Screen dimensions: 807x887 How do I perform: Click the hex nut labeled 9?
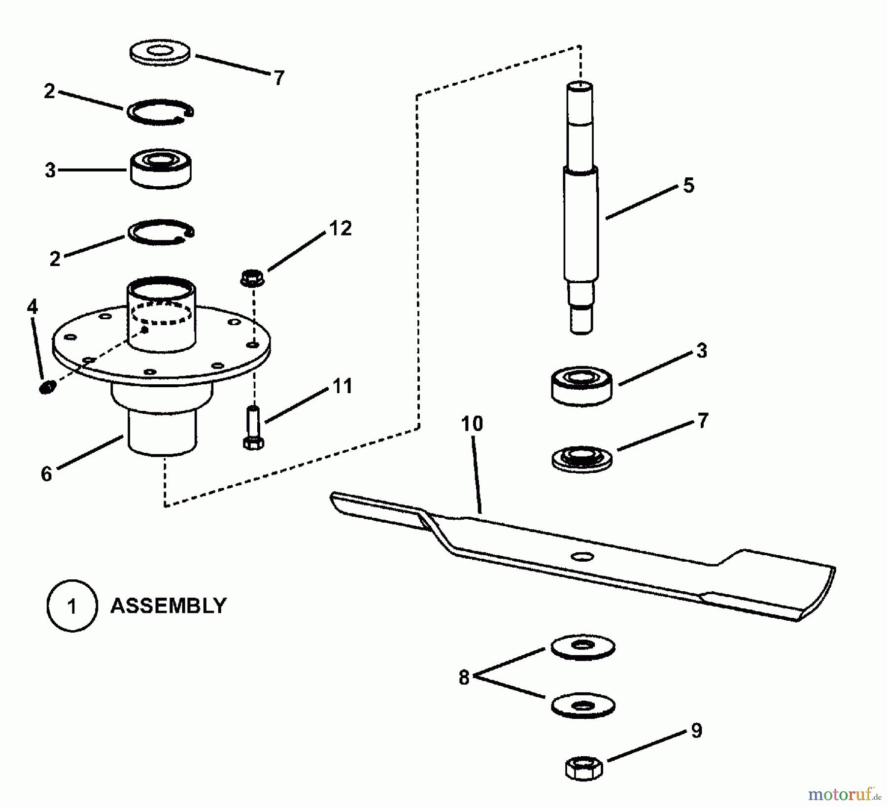tap(583, 768)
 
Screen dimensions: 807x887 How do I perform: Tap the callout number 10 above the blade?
tap(472, 424)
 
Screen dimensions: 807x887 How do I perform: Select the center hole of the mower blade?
tap(582, 556)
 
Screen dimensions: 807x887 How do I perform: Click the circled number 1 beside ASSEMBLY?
tap(72, 605)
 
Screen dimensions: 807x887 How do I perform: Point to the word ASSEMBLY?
tap(168, 605)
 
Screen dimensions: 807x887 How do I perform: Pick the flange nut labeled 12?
tap(252, 278)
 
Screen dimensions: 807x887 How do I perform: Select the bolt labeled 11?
tap(253, 427)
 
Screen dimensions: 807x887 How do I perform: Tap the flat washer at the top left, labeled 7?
tap(160, 53)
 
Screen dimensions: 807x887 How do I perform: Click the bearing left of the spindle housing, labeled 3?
tap(161, 168)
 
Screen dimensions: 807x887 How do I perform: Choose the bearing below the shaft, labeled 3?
tap(581, 386)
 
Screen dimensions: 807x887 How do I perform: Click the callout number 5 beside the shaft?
tap(688, 186)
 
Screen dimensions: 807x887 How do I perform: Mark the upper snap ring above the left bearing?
tap(160, 111)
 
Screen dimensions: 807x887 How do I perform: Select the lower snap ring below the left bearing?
tap(161, 232)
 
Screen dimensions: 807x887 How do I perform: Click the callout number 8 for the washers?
tap(464, 678)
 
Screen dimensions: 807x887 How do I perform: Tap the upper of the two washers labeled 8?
tap(582, 646)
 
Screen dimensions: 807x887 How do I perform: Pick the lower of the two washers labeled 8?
tap(582, 706)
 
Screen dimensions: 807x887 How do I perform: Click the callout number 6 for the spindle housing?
tap(46, 474)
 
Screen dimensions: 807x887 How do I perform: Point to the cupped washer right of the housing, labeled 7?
tap(581, 459)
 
